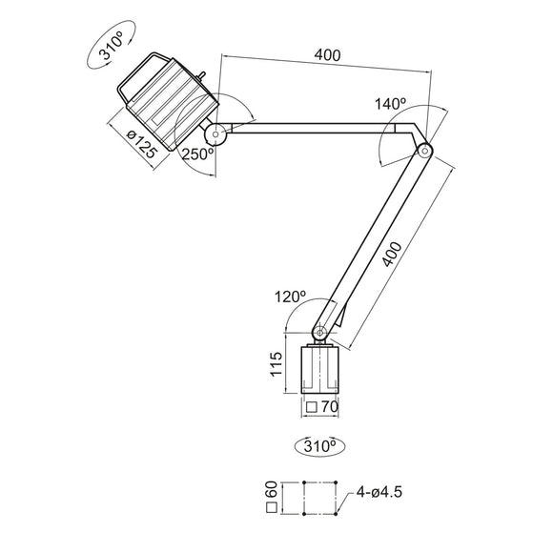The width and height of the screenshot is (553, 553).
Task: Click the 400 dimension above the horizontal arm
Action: click(326, 56)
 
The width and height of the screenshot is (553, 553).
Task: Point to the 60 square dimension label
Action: click(272, 495)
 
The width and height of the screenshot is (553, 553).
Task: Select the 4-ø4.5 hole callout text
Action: click(381, 494)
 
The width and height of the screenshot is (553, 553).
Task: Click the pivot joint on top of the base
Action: click(320, 331)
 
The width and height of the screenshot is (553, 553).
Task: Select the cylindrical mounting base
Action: click(320, 370)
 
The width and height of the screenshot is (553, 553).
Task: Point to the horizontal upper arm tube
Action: click(315, 130)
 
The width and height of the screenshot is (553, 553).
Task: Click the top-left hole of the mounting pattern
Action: click(302, 483)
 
